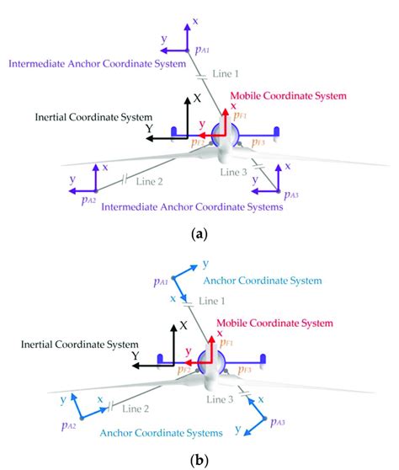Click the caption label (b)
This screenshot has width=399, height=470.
click(199, 461)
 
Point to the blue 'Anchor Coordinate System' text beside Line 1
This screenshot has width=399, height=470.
click(265, 280)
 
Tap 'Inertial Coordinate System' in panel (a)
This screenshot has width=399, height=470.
click(93, 116)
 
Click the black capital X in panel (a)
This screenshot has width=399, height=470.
click(197, 98)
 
